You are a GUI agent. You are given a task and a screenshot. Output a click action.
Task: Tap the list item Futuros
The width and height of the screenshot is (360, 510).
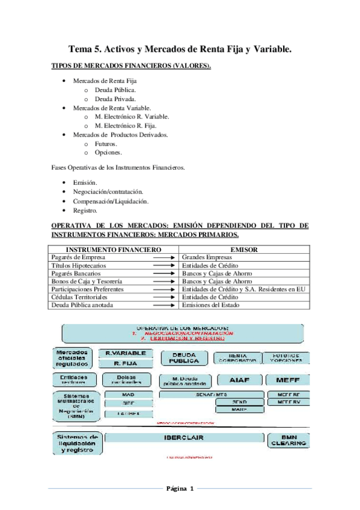click(x=106, y=144)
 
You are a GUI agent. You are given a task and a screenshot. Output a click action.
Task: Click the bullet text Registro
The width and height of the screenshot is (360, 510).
click(x=85, y=211)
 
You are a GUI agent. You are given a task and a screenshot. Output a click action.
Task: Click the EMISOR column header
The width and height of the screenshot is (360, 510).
click(x=244, y=249)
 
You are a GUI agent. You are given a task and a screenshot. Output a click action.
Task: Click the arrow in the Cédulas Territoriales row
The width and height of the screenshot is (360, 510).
click(x=163, y=297)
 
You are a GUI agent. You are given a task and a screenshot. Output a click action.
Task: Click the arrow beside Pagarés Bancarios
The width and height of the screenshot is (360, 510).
click(x=163, y=273)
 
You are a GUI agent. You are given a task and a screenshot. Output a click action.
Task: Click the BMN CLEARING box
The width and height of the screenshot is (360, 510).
click(x=287, y=440)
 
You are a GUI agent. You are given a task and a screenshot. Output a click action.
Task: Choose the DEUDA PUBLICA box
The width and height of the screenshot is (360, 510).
click(x=184, y=358)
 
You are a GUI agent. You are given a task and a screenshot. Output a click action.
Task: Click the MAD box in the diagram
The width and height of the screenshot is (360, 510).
click(x=128, y=395)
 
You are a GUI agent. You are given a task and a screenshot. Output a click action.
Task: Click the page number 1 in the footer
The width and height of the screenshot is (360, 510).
click(x=191, y=488)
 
